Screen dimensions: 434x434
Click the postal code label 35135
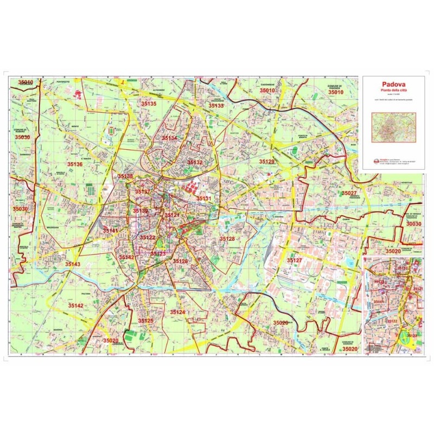point(149,103)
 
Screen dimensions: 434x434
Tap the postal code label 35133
point(216,106)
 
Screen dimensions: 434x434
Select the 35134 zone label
point(169,138)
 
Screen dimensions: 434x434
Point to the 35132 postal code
point(195,162)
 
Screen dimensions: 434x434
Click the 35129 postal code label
point(266,162)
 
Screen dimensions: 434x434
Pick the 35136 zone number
point(75,164)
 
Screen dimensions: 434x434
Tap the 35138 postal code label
point(125,176)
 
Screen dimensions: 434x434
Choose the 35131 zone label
point(203,199)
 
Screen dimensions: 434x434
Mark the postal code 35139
point(141,210)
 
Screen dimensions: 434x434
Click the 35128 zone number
point(227,239)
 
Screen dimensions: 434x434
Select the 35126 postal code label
point(180,261)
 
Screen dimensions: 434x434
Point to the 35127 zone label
point(295,261)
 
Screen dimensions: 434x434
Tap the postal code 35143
point(73,264)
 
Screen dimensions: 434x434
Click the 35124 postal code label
point(177,312)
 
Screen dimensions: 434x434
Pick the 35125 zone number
point(145,321)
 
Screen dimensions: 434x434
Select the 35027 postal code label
point(349,193)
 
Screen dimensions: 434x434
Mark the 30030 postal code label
point(413,224)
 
